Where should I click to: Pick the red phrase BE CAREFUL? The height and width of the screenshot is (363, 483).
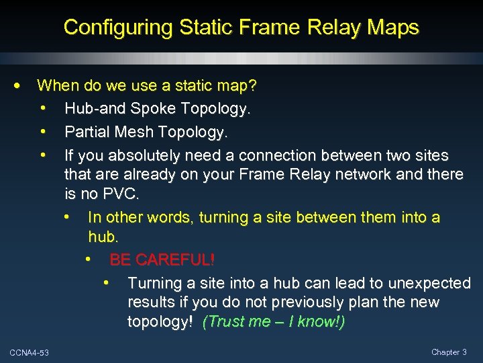[x=162, y=259]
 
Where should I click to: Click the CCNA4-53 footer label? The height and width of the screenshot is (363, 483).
[x=29, y=354]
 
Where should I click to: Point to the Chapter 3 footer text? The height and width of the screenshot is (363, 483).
[x=449, y=352]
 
